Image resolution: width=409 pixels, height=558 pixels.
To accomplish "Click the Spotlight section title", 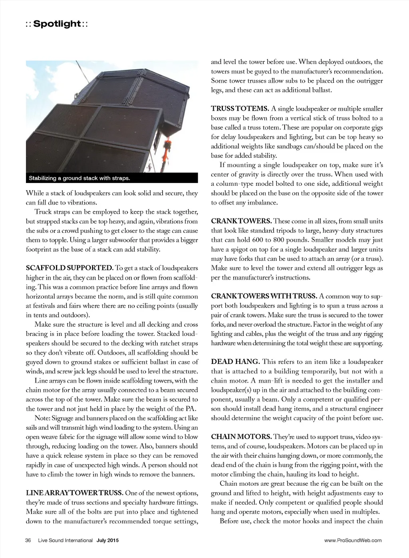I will click(x=57, y=24).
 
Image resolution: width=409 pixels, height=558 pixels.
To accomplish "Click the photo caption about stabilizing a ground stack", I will click(x=79, y=178).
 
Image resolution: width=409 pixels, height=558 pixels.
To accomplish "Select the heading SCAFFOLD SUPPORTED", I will click(x=69, y=268).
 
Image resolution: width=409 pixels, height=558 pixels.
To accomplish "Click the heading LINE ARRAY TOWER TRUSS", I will click(x=75, y=493).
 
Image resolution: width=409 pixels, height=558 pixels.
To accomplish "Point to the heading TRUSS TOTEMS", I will click(x=240, y=109).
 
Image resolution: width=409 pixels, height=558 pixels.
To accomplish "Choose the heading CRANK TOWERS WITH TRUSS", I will click(x=264, y=296).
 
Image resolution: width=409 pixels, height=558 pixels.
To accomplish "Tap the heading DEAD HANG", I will click(x=235, y=362).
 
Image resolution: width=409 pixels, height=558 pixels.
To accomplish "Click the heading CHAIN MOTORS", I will click(x=241, y=437).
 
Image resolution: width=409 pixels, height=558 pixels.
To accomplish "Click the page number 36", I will click(x=28, y=541).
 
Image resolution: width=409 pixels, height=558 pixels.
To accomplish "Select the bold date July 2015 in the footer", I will click(x=107, y=541).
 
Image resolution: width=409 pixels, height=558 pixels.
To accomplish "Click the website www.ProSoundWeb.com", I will click(x=353, y=541).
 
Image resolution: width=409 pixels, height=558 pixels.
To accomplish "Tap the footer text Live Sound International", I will click(x=66, y=541).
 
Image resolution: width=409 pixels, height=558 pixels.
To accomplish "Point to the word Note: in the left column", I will click(x=43, y=418).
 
